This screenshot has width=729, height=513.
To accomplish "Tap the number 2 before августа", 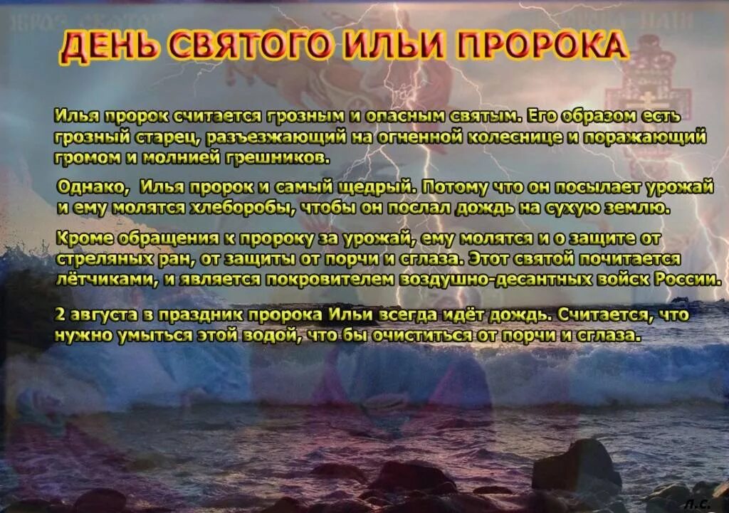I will point(59,313).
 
